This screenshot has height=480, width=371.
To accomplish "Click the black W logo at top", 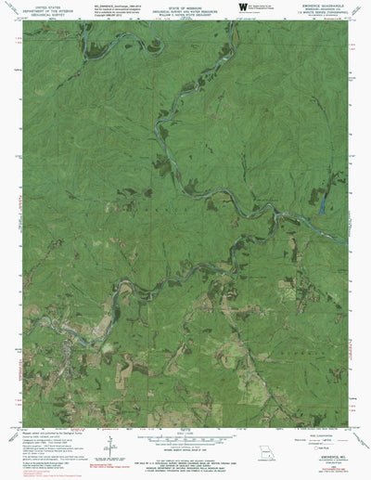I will coord(242,7).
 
